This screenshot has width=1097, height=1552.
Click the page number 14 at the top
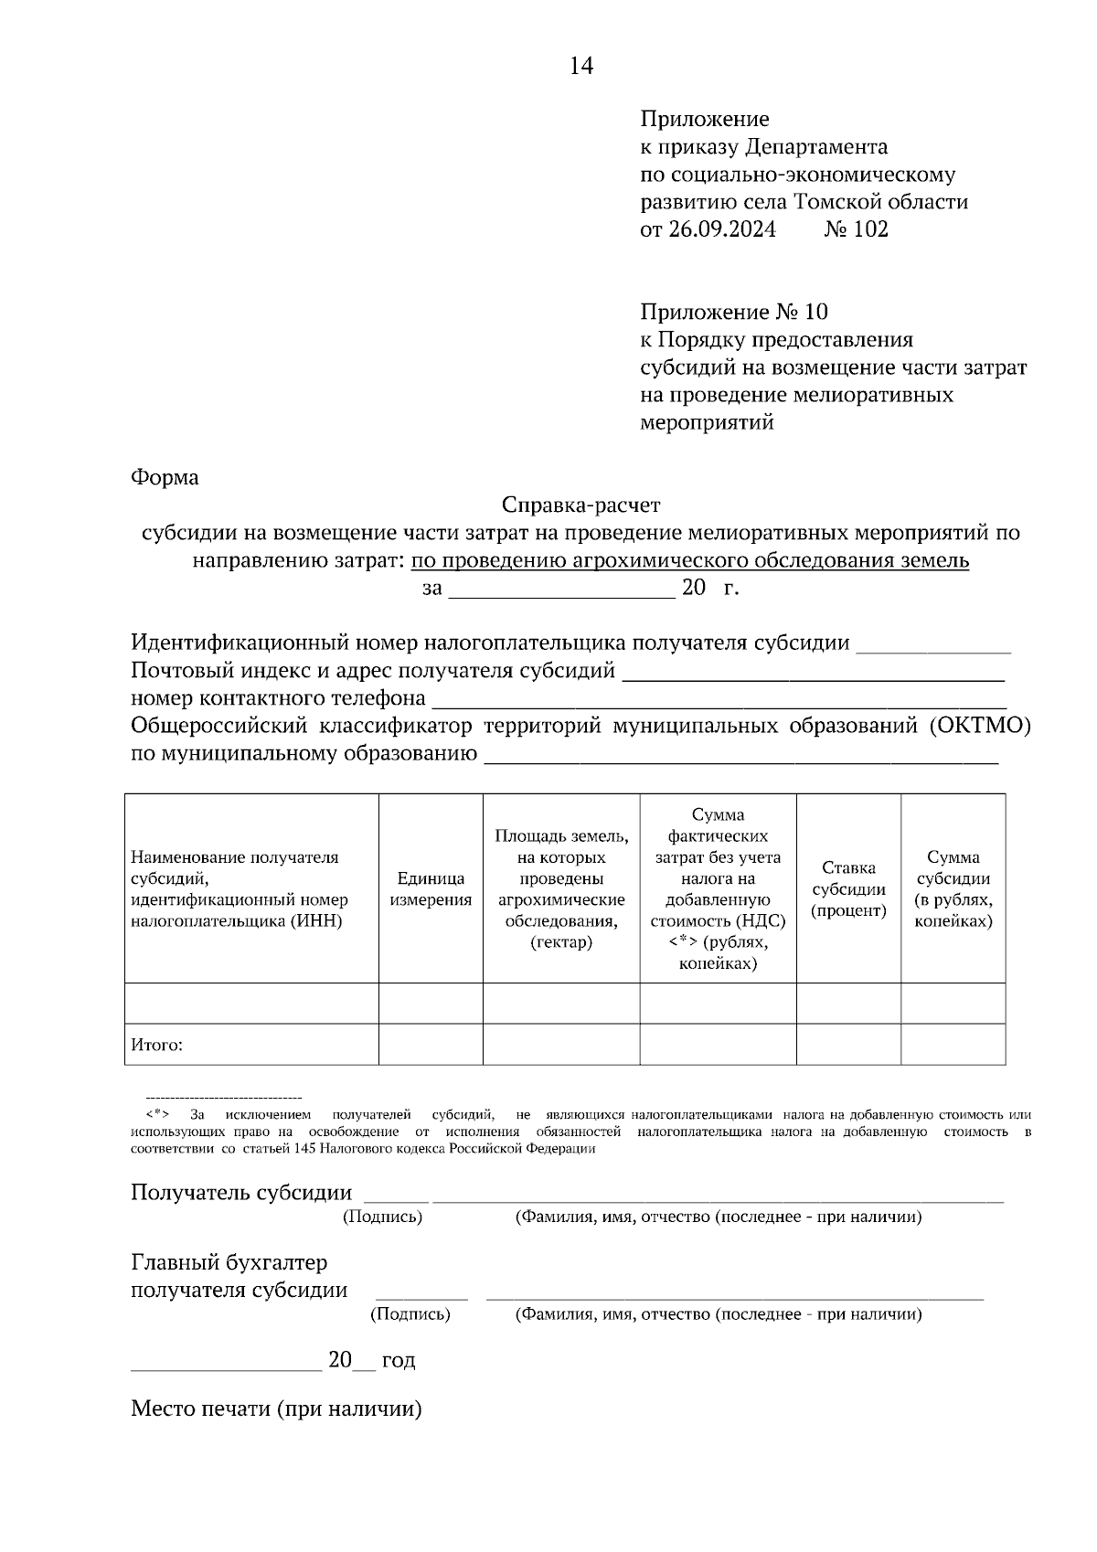581,66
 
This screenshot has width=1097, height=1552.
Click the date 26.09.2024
721,229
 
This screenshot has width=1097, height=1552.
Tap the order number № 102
856,229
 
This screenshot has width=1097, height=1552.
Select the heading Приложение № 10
733,313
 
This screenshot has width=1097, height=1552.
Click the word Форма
165,477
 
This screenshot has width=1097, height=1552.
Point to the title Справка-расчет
580,505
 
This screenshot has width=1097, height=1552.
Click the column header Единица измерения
431,888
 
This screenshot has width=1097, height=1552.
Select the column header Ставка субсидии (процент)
848,888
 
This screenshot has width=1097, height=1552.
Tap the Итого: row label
156,1045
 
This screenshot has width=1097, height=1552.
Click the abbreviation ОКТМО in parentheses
982,726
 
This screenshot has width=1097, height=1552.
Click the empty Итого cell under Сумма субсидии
953,1045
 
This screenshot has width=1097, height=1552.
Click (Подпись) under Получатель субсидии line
382,1217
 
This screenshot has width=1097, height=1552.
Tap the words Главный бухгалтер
229,1263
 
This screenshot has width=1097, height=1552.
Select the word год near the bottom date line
399,1361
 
